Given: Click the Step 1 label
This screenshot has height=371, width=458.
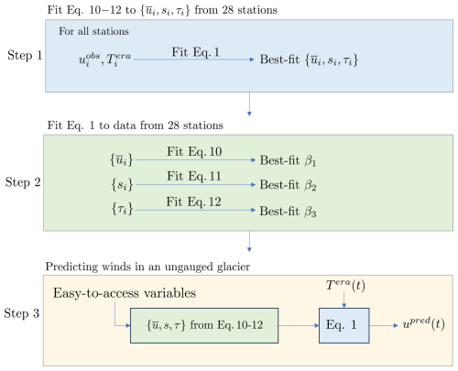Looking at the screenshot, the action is tap(25, 56).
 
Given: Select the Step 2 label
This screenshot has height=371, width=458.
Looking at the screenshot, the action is tap(23, 182).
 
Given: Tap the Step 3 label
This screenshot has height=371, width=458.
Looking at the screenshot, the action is tap(21, 313).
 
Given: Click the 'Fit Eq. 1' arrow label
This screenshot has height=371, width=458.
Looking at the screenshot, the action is tap(195, 52).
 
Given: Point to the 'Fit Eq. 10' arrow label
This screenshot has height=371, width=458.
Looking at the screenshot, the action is tap(194, 152).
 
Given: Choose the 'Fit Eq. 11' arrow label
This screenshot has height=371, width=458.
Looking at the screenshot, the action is tap(194, 177).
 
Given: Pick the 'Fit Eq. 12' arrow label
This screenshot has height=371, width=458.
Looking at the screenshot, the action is tap(193, 202).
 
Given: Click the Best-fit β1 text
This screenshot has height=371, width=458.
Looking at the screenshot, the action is tap(288, 160).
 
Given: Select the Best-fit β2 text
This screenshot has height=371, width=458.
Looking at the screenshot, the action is tap(288, 185).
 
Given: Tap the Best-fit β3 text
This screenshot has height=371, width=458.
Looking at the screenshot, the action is tap(288, 212).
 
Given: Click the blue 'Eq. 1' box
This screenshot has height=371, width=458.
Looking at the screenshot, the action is tap(344, 325).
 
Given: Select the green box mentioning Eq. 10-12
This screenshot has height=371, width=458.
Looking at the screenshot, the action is tap(204, 325).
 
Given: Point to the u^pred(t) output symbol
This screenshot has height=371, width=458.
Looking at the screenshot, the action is tap(423, 324).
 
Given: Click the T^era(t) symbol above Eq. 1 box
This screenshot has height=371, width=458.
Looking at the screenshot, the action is tap(345, 286).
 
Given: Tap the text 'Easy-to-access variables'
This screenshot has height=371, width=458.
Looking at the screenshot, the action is tap(125, 293).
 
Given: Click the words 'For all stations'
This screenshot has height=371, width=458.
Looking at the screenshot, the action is tap(93, 31).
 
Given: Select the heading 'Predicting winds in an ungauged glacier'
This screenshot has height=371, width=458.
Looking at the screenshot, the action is tap(147, 267).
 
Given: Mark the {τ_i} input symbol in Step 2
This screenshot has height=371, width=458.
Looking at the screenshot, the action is tap(122, 209).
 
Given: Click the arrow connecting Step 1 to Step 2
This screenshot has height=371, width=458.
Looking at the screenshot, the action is tap(249, 104).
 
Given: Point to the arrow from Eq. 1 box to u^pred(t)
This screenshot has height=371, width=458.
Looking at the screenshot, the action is tap(384, 325).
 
